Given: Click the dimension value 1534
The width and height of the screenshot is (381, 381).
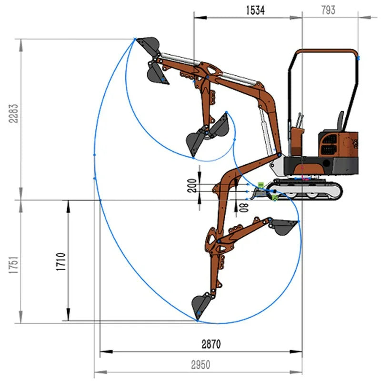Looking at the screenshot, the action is click(x=255, y=10).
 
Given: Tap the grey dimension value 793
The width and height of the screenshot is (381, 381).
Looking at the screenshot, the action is click(x=328, y=10).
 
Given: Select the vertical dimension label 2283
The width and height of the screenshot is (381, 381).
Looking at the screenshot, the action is click(x=13, y=113).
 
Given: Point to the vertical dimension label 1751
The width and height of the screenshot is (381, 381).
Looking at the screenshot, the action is click(x=13, y=265).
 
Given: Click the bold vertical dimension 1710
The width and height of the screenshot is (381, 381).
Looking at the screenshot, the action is click(x=61, y=261).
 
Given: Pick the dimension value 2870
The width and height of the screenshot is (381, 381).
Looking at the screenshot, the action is click(x=211, y=344).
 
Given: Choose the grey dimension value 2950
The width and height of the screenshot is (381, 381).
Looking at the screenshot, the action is click(x=201, y=365).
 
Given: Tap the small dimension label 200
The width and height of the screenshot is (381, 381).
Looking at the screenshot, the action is click(x=192, y=186).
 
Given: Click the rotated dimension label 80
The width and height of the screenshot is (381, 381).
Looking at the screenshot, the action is click(x=244, y=208).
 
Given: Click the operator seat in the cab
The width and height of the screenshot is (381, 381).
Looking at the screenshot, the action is click(x=340, y=121).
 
